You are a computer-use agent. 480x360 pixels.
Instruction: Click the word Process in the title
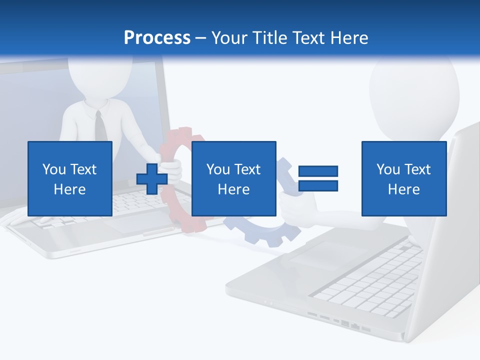tap(157, 38)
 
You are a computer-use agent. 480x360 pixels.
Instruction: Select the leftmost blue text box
tap(70, 178)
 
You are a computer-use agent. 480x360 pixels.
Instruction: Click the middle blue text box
tap(233, 178)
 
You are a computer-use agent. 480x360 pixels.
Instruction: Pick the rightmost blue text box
tap(404, 178)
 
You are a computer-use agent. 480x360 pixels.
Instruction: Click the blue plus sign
tap(151, 179)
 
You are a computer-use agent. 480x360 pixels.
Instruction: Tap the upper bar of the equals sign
tap(318, 171)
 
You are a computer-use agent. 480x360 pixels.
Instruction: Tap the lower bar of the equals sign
tap(318, 185)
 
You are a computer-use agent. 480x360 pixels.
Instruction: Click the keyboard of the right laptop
tap(370, 285)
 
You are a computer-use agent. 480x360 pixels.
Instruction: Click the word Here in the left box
tap(70, 189)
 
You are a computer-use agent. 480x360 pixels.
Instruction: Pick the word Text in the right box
tap(418, 169)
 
